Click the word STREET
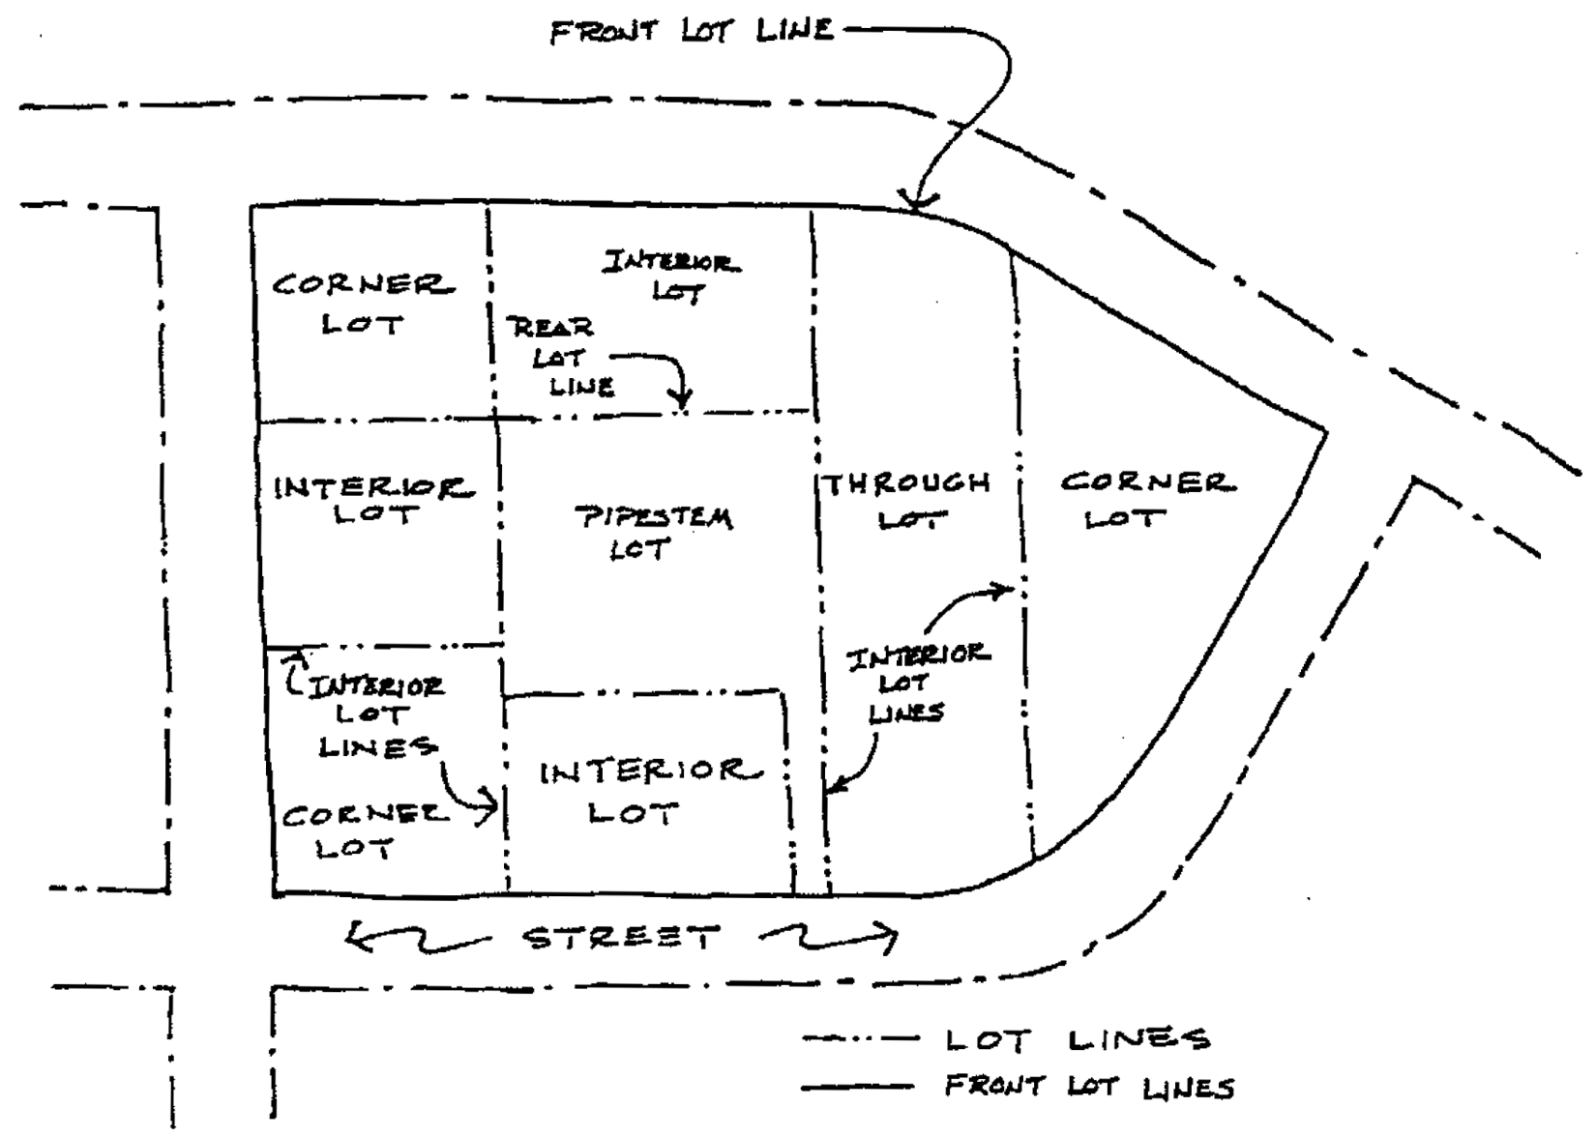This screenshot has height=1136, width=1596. click(622, 938)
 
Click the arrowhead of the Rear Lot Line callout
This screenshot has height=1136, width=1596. click(682, 398)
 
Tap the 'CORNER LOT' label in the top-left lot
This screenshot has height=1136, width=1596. click(363, 304)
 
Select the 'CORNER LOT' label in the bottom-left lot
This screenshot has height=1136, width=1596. click(362, 831)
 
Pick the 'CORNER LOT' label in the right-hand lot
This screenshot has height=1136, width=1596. click(1146, 499)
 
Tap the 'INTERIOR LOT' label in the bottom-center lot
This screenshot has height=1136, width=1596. click(644, 791)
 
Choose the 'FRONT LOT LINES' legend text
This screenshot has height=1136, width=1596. click(1089, 1088)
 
